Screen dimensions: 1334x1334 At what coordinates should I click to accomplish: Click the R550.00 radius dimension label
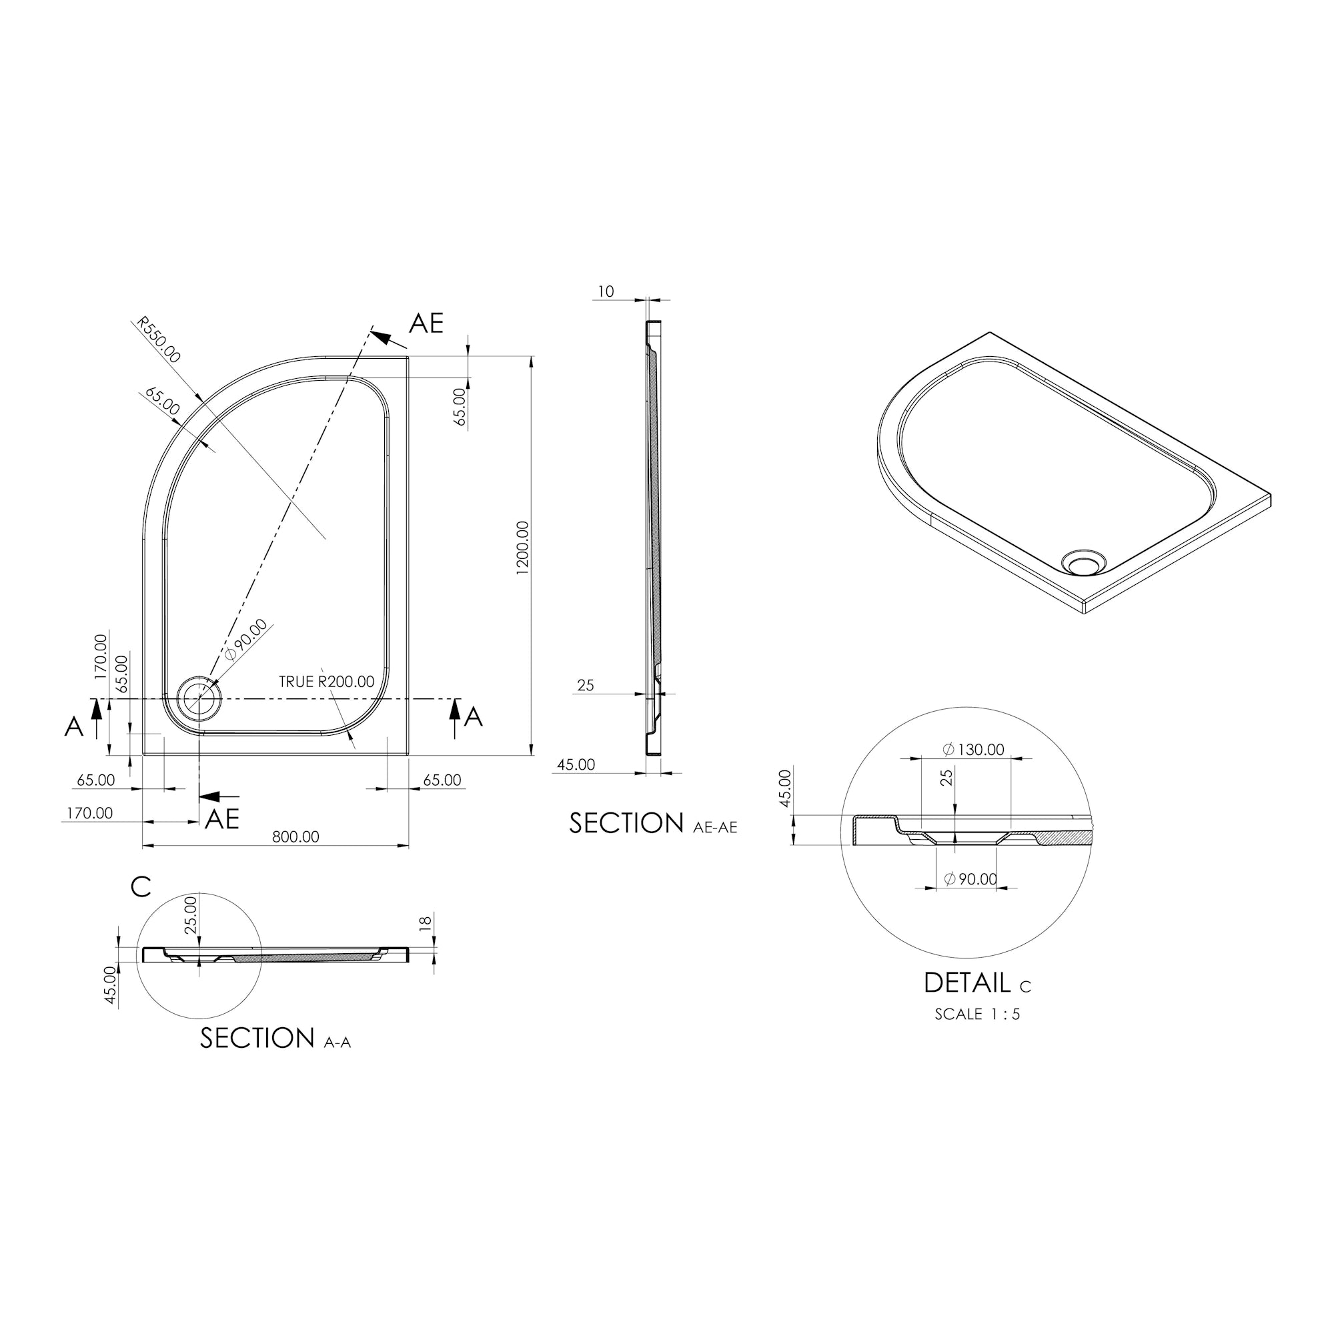pos(159,340)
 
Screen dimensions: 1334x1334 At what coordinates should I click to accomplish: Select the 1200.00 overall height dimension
pos(522,548)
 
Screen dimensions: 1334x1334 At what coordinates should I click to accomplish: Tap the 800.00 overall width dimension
pos(295,837)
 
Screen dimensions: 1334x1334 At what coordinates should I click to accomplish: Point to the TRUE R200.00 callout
pos(327,682)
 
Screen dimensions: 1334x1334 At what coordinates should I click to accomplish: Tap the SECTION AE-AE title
pos(652,824)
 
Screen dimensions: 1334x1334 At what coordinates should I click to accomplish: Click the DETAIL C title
pos(976,983)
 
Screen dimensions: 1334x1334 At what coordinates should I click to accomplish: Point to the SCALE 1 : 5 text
pos(977,1015)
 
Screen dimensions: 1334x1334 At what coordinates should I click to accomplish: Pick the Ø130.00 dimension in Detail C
pos(974,750)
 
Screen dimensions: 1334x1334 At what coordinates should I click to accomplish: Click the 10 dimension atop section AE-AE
pos(606,292)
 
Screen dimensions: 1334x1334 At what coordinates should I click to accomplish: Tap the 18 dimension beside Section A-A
pos(426,922)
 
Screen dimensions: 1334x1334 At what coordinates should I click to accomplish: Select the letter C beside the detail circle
pos(141,886)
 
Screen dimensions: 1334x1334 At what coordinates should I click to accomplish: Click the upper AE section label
pos(426,323)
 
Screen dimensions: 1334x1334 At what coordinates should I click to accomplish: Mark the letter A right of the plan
pos(473,717)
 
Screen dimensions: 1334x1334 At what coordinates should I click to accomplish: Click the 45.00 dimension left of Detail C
pos(785,788)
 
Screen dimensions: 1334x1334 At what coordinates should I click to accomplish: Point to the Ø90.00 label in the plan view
pos(247,640)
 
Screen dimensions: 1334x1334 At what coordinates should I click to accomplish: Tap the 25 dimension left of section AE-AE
pos(586,686)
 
